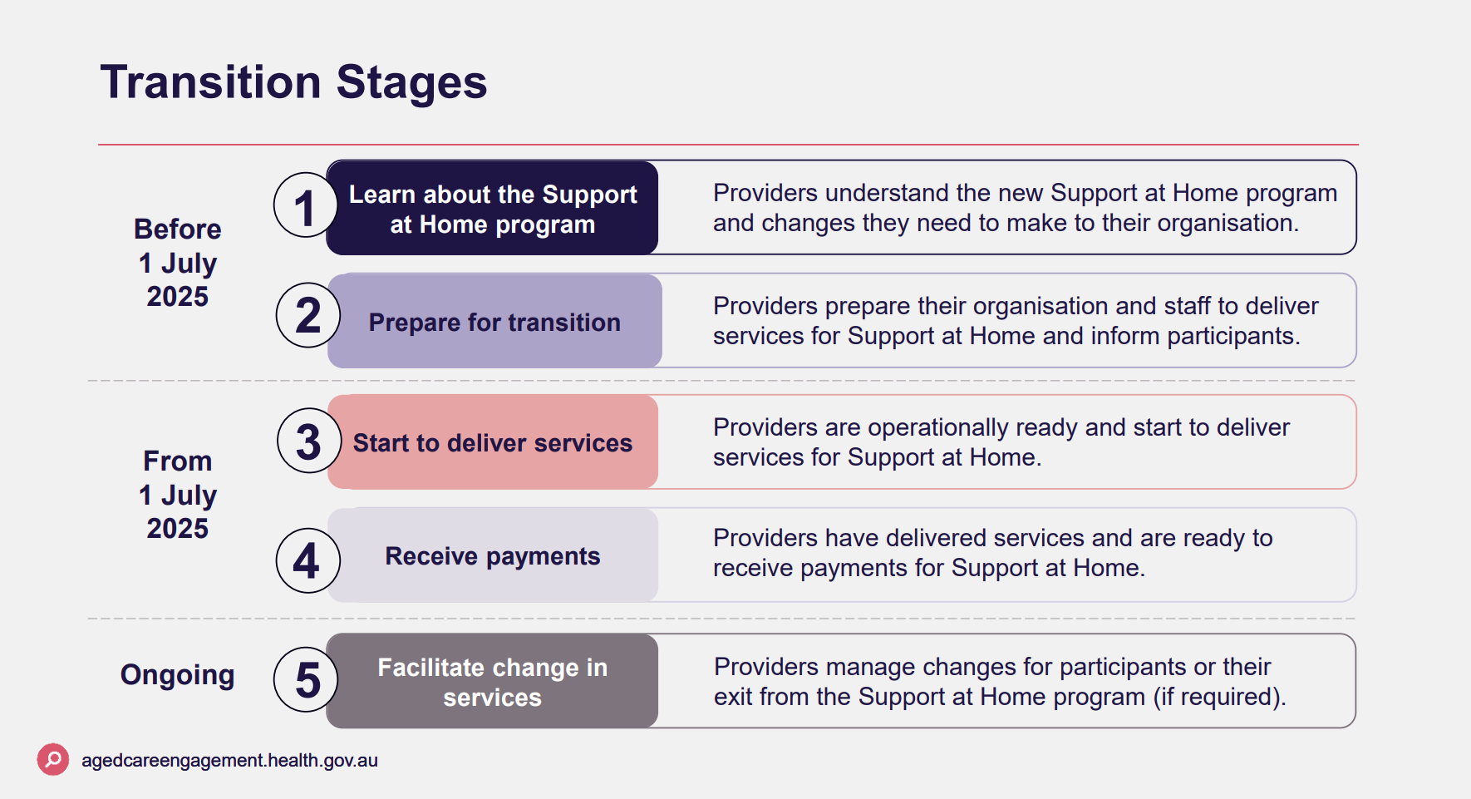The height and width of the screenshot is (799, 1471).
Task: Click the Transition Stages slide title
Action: [x=293, y=82]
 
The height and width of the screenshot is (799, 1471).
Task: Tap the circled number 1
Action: [x=304, y=206]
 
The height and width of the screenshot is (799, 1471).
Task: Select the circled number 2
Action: [x=307, y=315]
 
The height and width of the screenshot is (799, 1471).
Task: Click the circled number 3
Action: [x=308, y=441]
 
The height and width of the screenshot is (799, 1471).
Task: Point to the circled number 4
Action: [x=307, y=560]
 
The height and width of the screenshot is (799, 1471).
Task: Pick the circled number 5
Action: [x=307, y=680]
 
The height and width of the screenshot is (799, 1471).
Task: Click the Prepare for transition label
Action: [x=494, y=323]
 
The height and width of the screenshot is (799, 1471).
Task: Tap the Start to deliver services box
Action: [x=493, y=443]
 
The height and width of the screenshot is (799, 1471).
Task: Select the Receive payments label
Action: [x=493, y=556]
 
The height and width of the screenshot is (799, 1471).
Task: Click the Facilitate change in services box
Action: [x=493, y=682]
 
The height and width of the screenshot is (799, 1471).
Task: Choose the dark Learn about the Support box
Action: [x=493, y=209]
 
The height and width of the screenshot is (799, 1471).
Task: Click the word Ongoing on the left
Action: [x=177, y=675]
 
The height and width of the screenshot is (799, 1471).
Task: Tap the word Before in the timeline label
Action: [x=177, y=229]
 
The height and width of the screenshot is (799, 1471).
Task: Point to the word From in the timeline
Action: [x=177, y=461]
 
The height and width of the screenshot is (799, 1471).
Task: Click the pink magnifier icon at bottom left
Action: [x=53, y=759]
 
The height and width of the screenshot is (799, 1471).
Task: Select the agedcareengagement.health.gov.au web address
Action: [x=229, y=761]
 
